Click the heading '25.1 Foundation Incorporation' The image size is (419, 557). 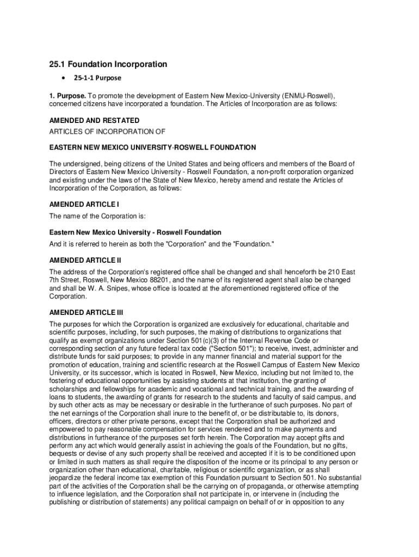tap(108, 64)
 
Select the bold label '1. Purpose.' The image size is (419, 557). tap(67, 96)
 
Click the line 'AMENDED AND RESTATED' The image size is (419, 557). tap(94, 120)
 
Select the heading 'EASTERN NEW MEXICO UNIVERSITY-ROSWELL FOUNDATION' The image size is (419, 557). tap(152, 147)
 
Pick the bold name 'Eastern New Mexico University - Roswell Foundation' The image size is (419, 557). tap(135, 232)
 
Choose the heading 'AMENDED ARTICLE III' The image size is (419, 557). tap(86, 313)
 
